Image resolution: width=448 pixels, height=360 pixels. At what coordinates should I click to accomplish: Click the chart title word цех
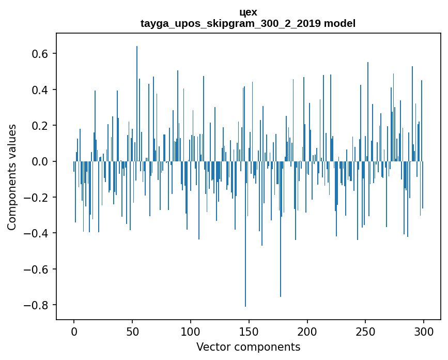248,12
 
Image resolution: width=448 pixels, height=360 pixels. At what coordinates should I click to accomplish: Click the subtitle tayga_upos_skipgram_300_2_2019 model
248,23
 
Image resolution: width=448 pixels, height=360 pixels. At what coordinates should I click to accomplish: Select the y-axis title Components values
11,177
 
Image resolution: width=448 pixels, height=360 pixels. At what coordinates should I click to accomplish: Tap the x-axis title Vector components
248,347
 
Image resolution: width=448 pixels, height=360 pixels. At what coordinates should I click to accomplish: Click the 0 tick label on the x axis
74,331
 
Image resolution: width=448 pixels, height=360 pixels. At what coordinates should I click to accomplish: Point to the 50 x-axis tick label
132,331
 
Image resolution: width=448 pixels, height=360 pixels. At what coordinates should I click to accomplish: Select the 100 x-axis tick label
191,331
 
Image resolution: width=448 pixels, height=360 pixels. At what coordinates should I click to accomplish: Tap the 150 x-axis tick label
249,331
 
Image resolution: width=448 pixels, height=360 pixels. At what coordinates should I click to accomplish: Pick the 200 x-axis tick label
307,331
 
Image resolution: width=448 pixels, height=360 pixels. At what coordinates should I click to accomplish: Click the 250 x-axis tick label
366,331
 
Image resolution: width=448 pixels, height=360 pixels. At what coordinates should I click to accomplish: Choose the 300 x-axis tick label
424,331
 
